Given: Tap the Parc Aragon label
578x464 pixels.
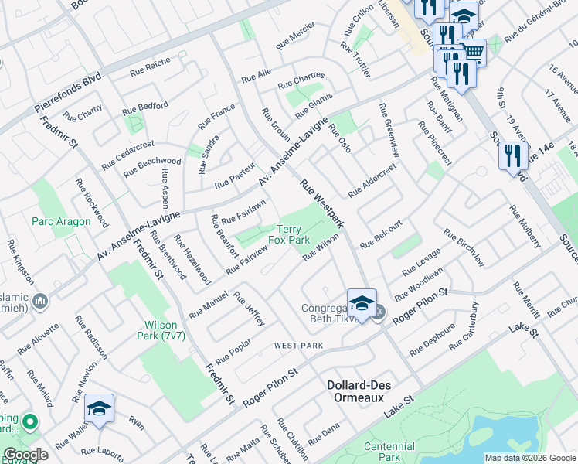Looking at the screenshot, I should (x=61, y=221).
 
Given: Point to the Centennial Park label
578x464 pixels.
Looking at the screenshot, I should (x=389, y=452).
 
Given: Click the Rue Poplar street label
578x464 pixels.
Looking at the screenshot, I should (x=233, y=351).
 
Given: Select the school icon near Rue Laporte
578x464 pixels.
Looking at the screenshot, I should (x=100, y=408).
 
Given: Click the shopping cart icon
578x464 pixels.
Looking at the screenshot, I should (x=472, y=53).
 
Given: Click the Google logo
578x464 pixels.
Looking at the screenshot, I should (x=26, y=455).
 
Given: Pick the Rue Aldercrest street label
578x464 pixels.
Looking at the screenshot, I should (x=372, y=180).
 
